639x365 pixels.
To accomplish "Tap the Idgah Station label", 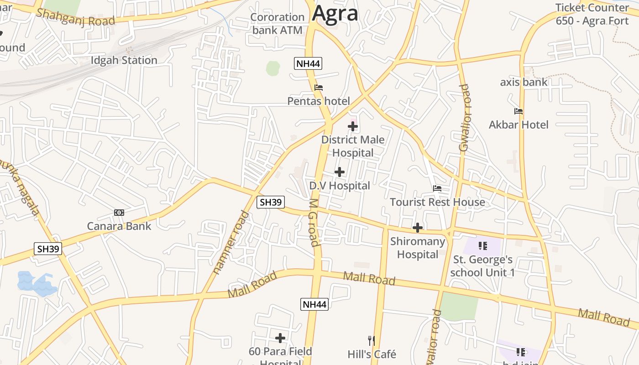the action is (x=124, y=60).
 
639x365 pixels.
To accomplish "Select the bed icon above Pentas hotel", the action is (x=319, y=88).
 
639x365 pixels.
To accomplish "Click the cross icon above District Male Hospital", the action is (x=353, y=126).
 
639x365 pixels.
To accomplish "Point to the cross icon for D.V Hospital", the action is (x=340, y=172).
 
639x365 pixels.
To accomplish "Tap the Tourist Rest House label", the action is (x=437, y=202).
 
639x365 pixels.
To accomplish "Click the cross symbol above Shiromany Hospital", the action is (x=417, y=227).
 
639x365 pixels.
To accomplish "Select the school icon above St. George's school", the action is (x=483, y=246).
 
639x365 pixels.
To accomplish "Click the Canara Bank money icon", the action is (x=119, y=213).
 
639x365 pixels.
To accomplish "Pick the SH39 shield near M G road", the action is (x=271, y=202).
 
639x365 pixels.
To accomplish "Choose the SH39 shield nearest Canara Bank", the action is (x=48, y=249).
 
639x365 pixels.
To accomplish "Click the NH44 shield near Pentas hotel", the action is (x=308, y=63).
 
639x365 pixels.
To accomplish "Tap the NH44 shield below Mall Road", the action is (x=314, y=304).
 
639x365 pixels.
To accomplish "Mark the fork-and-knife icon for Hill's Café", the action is (x=372, y=340).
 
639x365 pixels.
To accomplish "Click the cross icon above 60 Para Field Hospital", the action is (x=280, y=338).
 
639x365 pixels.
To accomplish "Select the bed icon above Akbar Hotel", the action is (x=519, y=111).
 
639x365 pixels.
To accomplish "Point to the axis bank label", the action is (x=524, y=82).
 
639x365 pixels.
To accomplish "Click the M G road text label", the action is (x=314, y=222).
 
